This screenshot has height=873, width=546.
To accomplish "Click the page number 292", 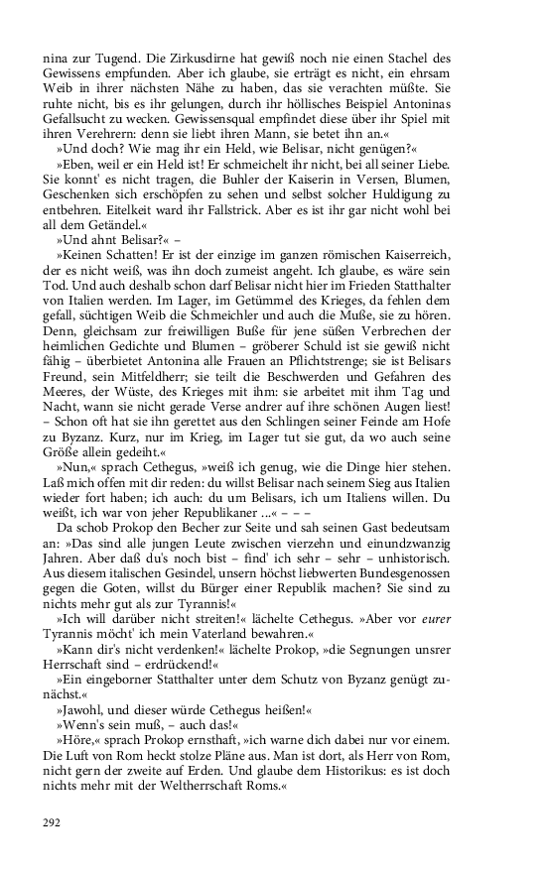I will pos(51,821).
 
